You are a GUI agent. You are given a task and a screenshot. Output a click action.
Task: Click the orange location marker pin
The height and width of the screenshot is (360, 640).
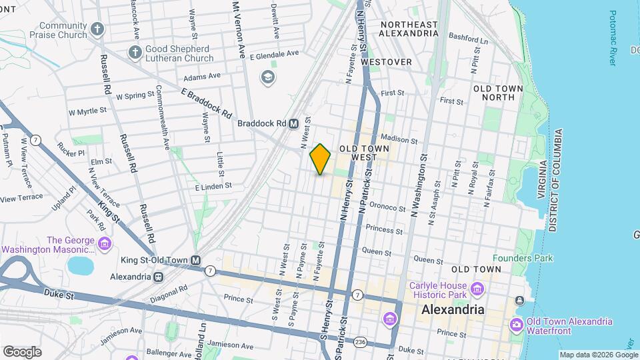click(x=320, y=159)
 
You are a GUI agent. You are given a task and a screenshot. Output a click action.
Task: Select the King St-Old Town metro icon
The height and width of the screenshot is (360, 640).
click(x=195, y=260)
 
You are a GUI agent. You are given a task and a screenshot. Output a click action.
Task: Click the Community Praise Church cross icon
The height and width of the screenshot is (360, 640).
click(x=97, y=29)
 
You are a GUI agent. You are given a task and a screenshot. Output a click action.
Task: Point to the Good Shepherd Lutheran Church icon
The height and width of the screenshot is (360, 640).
click(x=134, y=53)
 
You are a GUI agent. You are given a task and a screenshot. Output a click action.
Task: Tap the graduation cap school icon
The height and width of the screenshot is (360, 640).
click(x=268, y=78)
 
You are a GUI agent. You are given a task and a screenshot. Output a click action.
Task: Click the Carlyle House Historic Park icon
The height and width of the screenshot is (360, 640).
click(x=477, y=289)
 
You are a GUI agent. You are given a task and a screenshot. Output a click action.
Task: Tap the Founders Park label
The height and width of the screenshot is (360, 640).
click(x=522, y=258)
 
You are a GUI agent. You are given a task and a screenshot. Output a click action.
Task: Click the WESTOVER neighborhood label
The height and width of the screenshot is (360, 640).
click(x=386, y=61)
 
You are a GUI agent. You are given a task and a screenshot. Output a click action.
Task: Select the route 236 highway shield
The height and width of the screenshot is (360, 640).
click(x=361, y=341)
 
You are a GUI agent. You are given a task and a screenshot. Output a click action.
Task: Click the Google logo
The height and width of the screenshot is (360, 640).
click(x=22, y=351)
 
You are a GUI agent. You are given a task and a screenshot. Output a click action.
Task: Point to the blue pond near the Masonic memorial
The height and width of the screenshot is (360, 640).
click(x=81, y=265)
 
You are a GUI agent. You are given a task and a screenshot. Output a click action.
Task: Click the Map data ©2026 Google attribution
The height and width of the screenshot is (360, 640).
click(x=598, y=355)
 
